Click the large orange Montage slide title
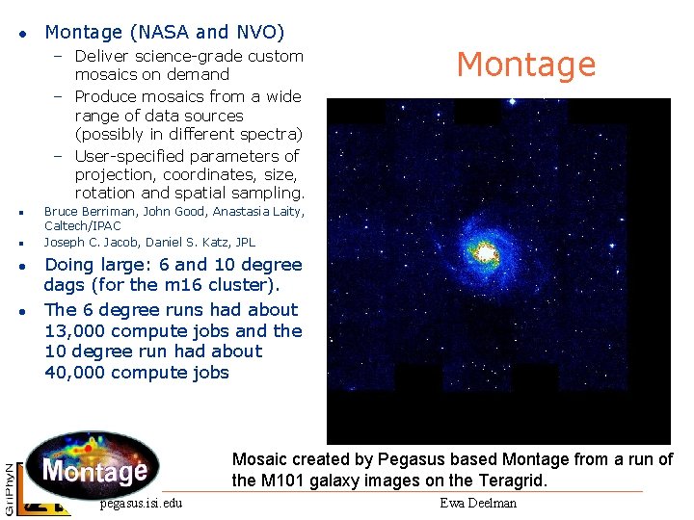point(526,65)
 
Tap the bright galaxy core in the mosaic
point(486,252)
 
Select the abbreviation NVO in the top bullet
point(254,33)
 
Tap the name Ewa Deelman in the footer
point(478,503)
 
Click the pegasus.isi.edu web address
point(141,503)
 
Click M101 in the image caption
point(285,481)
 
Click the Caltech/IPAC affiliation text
point(83,225)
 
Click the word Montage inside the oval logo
point(94,471)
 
